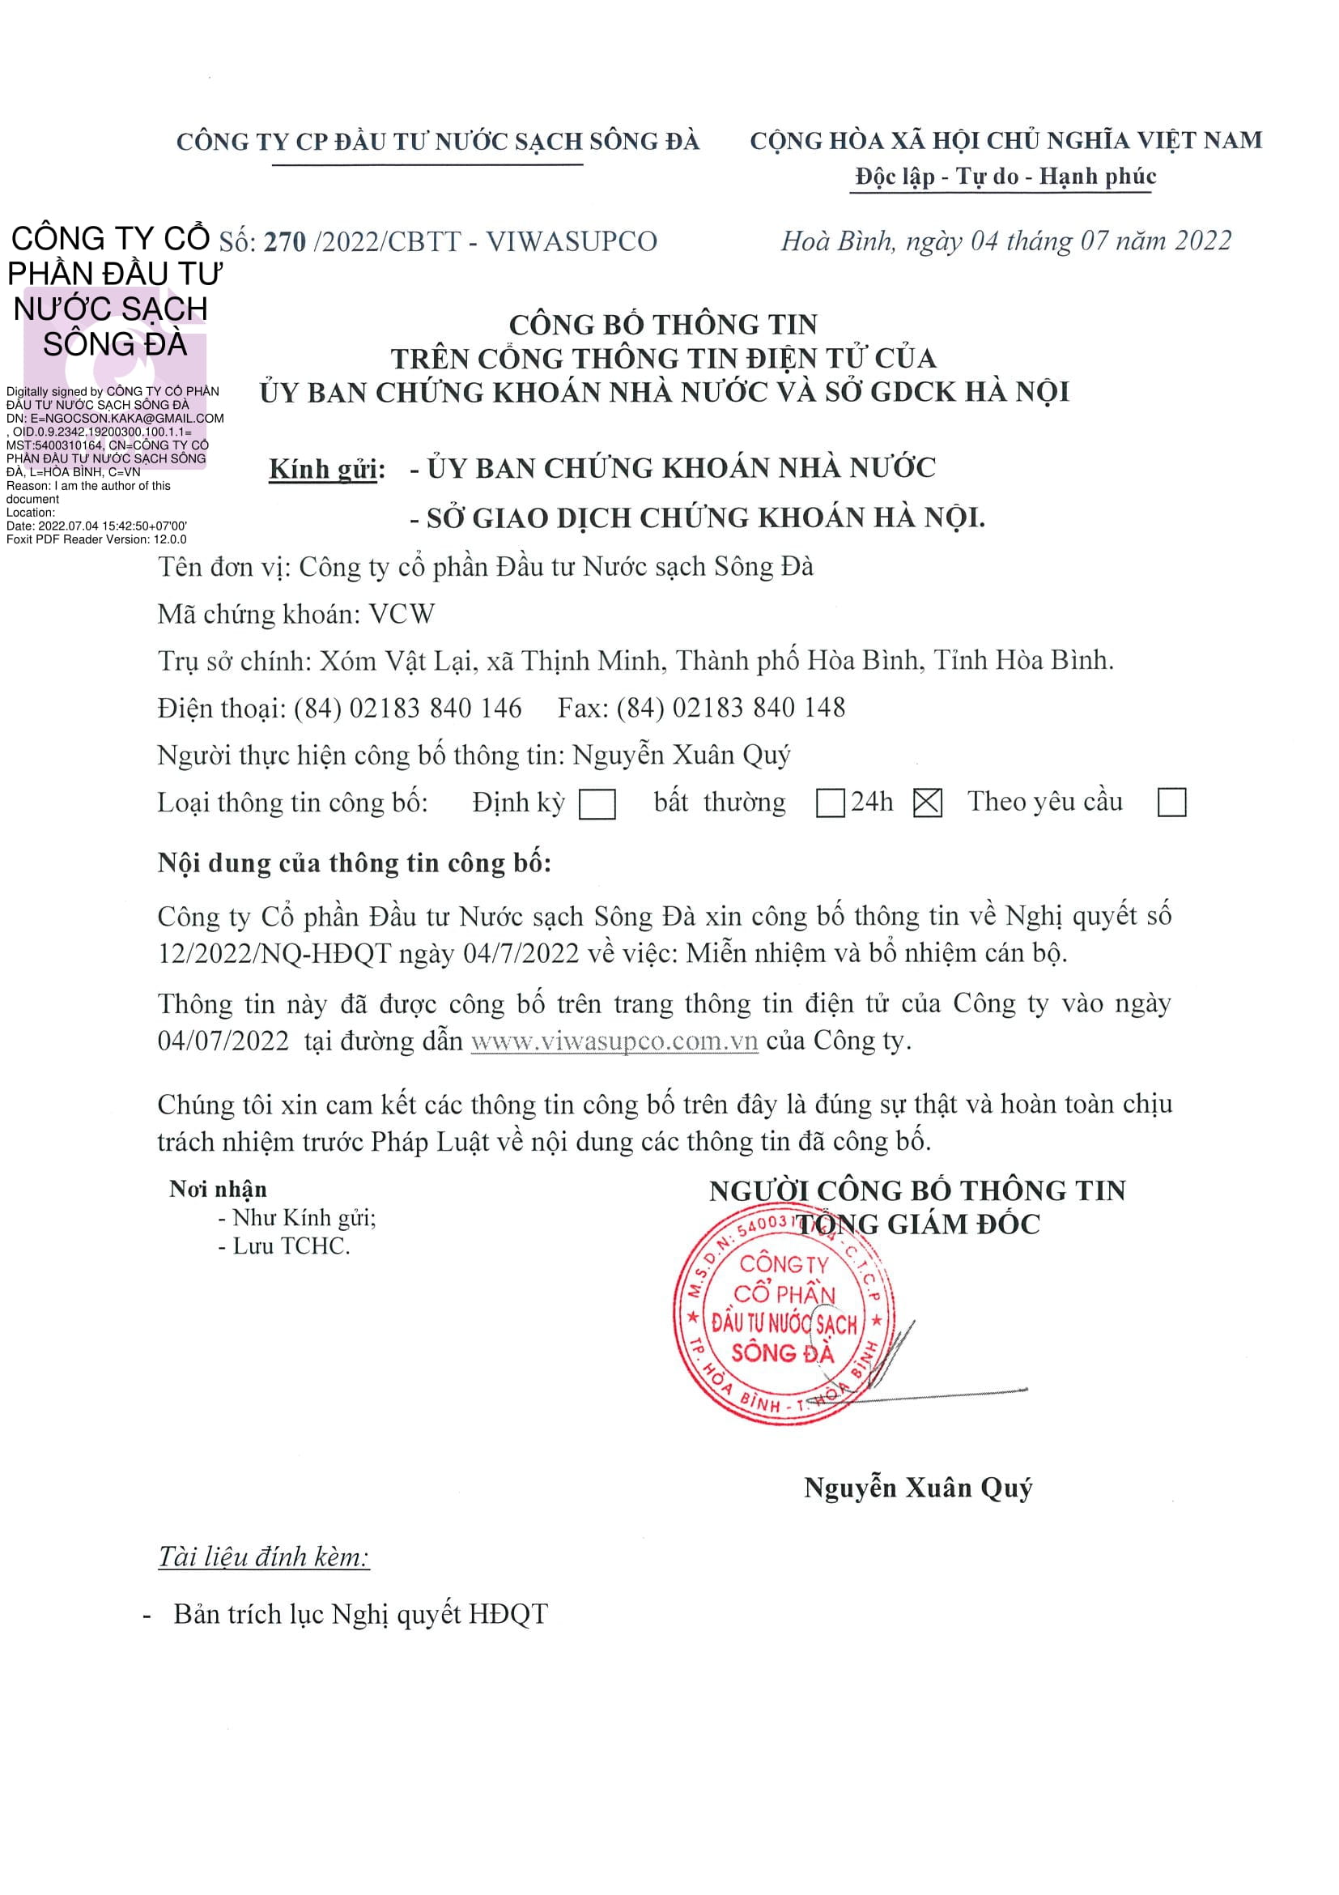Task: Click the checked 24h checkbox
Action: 927,803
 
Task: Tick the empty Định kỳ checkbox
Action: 597,804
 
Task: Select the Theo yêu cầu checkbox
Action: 1171,803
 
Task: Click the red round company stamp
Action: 784,1316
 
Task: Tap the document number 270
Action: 285,242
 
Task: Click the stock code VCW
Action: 401,614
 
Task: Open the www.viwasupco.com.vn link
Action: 614,1041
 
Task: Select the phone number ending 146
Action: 407,708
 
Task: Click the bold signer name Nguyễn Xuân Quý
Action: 917,1488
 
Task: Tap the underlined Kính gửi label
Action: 327,469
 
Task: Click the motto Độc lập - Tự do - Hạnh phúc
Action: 1005,176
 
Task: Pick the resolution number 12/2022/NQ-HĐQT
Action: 274,953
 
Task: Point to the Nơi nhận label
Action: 218,1189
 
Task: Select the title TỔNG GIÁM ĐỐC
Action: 917,1224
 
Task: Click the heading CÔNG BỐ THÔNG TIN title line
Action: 662,325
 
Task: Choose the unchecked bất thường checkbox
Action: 829,803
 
